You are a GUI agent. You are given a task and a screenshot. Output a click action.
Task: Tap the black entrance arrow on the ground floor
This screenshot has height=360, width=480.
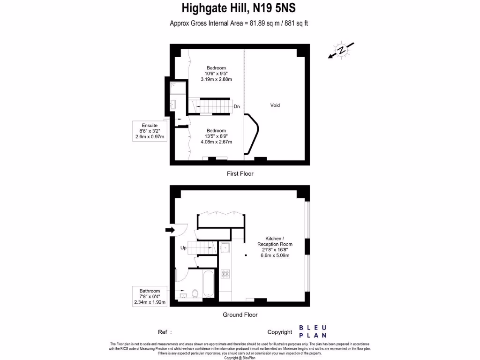point(169,230)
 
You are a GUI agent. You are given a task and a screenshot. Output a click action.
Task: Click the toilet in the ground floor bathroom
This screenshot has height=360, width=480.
point(195,293)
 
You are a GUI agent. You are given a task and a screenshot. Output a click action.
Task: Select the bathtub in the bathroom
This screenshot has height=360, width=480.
point(209,284)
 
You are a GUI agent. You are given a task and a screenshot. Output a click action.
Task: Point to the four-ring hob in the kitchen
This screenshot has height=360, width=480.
point(225,274)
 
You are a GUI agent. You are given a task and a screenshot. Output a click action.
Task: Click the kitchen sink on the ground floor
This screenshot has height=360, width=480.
point(225,248)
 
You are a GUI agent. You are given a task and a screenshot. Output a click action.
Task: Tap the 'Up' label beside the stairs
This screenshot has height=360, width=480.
point(184,247)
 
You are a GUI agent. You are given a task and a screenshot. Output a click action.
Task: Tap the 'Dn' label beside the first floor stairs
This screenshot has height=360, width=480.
point(237,106)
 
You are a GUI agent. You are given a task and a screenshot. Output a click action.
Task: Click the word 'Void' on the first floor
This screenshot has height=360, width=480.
point(275,105)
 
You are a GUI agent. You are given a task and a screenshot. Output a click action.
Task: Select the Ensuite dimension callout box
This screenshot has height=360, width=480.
point(148,131)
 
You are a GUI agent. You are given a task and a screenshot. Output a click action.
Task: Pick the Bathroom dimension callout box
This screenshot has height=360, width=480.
point(150,297)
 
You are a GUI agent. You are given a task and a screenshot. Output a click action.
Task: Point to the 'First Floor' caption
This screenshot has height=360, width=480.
point(240,173)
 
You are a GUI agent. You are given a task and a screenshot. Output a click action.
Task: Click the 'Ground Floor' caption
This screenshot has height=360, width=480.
point(240,315)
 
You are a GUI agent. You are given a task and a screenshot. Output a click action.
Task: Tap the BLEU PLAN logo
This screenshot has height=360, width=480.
point(313,331)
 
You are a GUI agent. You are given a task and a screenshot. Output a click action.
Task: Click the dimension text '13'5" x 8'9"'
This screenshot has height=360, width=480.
point(216,136)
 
